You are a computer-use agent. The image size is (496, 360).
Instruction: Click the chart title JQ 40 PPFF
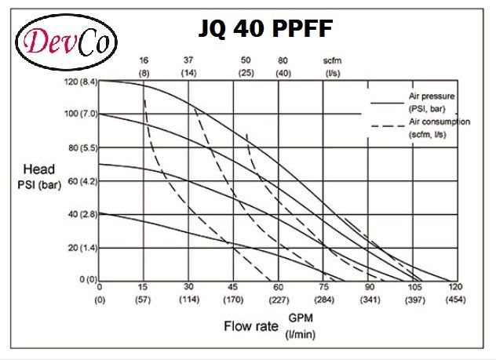click(255, 29)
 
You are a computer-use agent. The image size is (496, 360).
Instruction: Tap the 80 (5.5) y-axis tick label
click(81, 147)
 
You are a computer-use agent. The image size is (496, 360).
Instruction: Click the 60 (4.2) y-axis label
click(81, 180)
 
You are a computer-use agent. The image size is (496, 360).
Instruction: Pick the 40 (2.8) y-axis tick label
click(81, 213)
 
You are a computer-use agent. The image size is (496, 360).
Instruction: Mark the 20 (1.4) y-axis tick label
click(81, 247)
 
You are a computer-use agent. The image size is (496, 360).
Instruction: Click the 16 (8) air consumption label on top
click(144, 66)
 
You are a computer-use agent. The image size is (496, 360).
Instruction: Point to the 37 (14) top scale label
click(188, 66)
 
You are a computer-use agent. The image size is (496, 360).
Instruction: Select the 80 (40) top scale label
click(283, 66)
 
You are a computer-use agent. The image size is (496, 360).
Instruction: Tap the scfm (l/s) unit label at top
click(332, 66)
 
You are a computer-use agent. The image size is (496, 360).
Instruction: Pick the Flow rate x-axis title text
click(251, 325)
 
